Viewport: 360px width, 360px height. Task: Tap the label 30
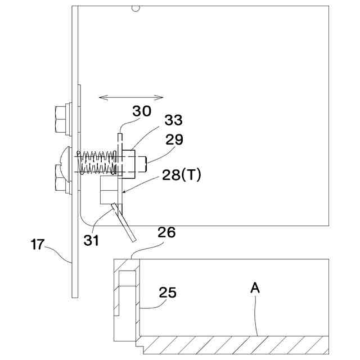tap(142, 111)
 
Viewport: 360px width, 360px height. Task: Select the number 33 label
tap(173, 120)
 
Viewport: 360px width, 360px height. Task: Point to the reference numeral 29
tap(174, 139)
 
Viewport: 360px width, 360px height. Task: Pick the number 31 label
tap(91, 240)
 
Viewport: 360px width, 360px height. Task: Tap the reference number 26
tap(166, 232)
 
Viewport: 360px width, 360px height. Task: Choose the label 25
tap(168, 292)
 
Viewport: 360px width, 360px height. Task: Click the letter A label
tap(255, 288)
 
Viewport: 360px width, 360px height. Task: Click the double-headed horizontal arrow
tap(130, 98)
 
